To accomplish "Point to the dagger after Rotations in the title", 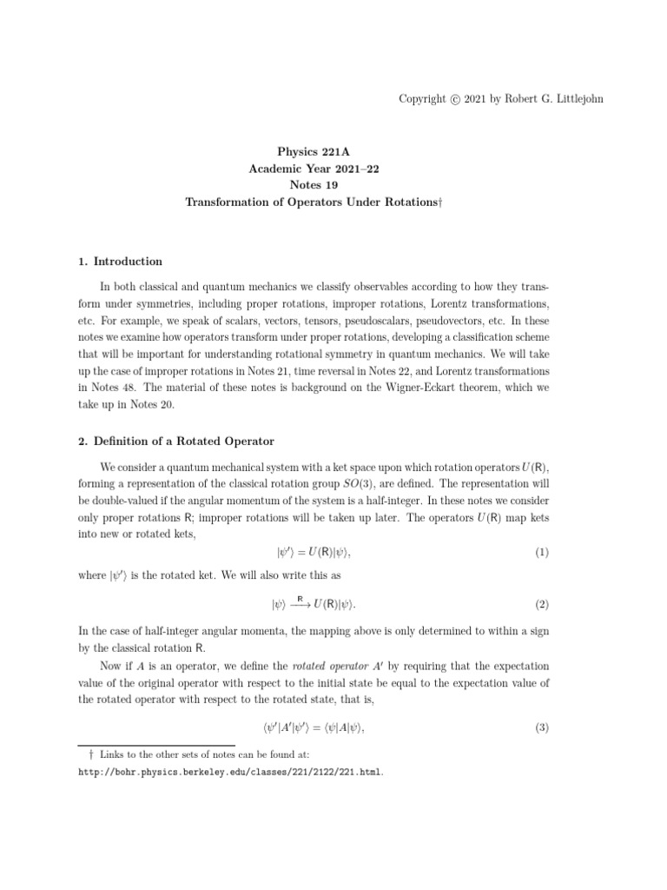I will (440, 202).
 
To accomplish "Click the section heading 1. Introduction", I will (120, 262).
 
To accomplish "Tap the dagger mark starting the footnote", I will (81, 755).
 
